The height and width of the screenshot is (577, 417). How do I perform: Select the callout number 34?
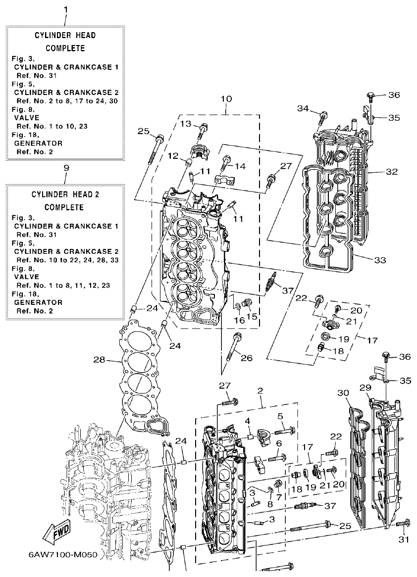pyautogui.click(x=303, y=108)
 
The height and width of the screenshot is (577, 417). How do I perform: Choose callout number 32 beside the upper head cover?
pyautogui.click(x=392, y=173)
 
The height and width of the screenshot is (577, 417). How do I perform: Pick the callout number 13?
pyautogui.click(x=185, y=124)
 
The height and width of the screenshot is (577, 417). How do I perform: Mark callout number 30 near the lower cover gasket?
pyautogui.click(x=344, y=393)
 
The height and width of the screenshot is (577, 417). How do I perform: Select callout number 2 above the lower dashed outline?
pyautogui.click(x=260, y=391)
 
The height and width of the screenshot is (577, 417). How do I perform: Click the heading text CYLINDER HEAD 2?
pyautogui.click(x=66, y=194)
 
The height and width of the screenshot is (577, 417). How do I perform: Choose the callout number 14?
pyautogui.click(x=240, y=166)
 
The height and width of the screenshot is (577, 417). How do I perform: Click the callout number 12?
pyautogui.click(x=172, y=156)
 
